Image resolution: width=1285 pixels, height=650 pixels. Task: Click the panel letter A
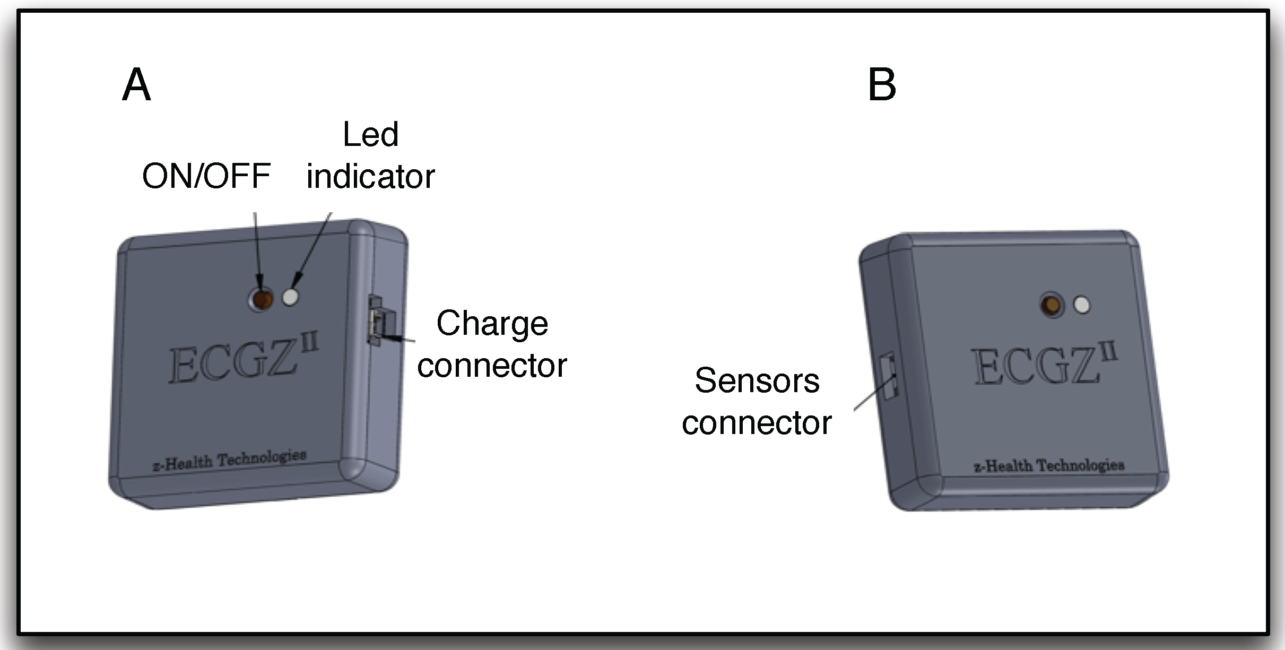pyautogui.click(x=136, y=85)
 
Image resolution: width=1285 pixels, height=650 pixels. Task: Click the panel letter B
pyautogui.click(x=881, y=85)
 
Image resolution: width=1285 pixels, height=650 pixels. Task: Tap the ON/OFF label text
pyautogui.click(x=206, y=176)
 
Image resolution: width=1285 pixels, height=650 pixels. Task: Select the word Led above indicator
pyautogui.click(x=370, y=134)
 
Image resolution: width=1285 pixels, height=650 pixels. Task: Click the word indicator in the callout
pyautogui.click(x=370, y=176)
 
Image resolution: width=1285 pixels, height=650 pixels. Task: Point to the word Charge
pyautogui.click(x=492, y=323)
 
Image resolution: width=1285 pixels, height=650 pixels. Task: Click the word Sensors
pyautogui.click(x=757, y=380)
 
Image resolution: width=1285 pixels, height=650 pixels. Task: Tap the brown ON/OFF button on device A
pyautogui.click(x=261, y=299)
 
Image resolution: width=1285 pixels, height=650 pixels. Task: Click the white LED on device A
pyautogui.click(x=290, y=297)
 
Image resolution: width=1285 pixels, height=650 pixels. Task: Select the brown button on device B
pyautogui.click(x=1052, y=305)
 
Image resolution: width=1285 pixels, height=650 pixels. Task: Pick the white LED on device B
pyautogui.click(x=1082, y=305)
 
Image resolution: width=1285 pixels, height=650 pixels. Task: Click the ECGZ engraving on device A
pyautogui.click(x=232, y=363)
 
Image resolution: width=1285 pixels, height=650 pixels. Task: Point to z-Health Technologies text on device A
pyautogui.click(x=229, y=460)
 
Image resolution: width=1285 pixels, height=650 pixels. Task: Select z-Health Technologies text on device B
pyautogui.click(x=1048, y=466)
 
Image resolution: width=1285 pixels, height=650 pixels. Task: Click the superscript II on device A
pyautogui.click(x=310, y=344)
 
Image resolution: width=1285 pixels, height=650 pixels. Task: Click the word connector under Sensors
pyautogui.click(x=757, y=423)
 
